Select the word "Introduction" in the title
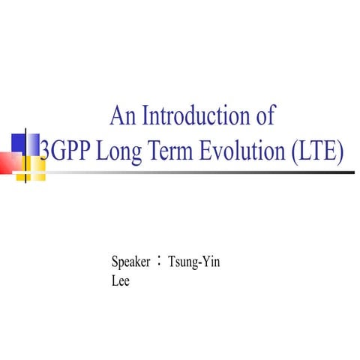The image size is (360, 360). coord(196,117)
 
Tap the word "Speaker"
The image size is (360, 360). coord(131,262)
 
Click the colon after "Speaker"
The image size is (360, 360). coord(160,262)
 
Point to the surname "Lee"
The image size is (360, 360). coord(120,283)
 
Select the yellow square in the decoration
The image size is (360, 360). coord(33,167)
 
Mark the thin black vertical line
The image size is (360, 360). coord(27,154)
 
